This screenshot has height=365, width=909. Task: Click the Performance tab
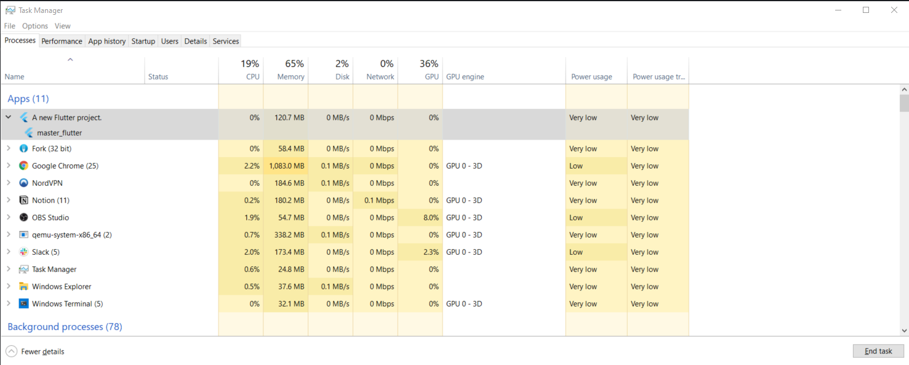(62, 41)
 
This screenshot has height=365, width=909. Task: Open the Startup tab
(143, 41)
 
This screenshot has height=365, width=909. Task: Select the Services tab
(225, 41)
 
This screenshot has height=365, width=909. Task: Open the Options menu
(35, 26)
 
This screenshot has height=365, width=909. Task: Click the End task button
(878, 351)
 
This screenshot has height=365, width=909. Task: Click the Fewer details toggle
(36, 351)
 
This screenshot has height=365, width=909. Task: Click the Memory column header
(290, 77)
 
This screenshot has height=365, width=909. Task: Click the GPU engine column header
(465, 77)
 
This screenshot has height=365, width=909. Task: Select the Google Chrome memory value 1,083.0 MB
(286, 166)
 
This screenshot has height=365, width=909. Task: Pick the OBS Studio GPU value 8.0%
(430, 218)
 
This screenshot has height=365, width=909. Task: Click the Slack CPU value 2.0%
(252, 252)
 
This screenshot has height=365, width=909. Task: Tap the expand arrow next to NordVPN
(9, 183)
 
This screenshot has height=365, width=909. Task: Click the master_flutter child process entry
(59, 133)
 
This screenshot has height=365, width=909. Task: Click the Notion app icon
(23, 201)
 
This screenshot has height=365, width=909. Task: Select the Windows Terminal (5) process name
(67, 304)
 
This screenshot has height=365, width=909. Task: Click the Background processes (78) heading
(65, 327)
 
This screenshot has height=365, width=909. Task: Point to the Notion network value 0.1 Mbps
(379, 201)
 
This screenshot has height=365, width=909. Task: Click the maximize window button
(866, 10)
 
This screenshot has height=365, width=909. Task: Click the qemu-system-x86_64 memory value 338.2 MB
(288, 235)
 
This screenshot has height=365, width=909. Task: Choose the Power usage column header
(591, 77)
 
